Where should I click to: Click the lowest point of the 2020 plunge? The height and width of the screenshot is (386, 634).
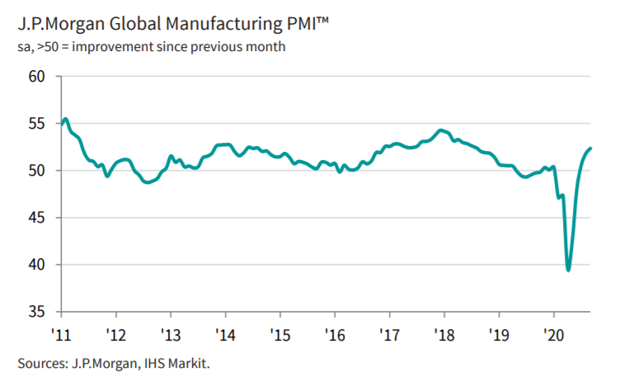pos(569,270)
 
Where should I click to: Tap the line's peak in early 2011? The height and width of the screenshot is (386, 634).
pos(66,120)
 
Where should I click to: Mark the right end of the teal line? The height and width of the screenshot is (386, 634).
pos(591,148)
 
